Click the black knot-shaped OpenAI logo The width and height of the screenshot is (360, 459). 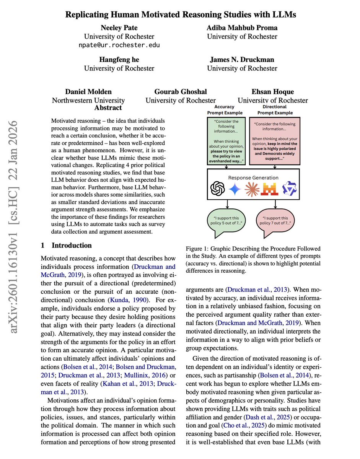click(217, 188)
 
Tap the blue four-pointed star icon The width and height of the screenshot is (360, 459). click(235, 188)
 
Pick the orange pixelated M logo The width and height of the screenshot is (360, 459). click(270, 188)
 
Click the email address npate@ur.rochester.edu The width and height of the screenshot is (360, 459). click(119, 45)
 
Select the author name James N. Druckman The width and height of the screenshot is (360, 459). click(242, 60)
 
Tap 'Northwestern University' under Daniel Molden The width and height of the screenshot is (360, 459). click(88, 101)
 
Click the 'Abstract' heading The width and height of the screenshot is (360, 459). click(108, 107)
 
